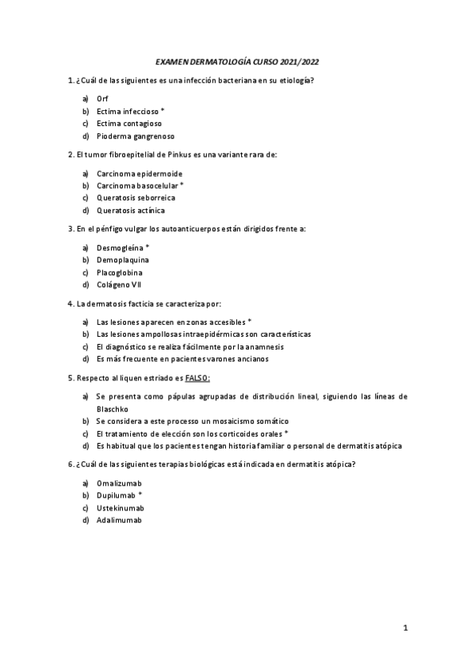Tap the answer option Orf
point(102,98)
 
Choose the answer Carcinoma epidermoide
point(139,173)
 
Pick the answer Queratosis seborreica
point(136,197)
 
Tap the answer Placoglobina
point(120,272)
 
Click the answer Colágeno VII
point(119,284)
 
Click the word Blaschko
point(113,408)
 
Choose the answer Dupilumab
point(116,495)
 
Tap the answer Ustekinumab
point(120,508)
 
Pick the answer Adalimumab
point(119,520)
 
